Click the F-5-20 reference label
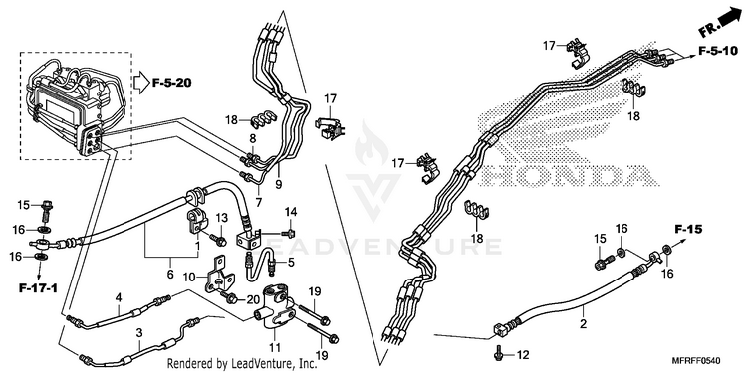(172, 83)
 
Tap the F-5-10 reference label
(718, 51)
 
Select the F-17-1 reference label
(38, 287)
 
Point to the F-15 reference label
(688, 230)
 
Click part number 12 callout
(523, 355)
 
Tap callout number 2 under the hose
(583, 324)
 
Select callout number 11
(275, 348)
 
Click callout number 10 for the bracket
(189, 276)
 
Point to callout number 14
(291, 211)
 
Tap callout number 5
(291, 262)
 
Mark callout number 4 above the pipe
(119, 297)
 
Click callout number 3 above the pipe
(139, 333)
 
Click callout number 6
(170, 275)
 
